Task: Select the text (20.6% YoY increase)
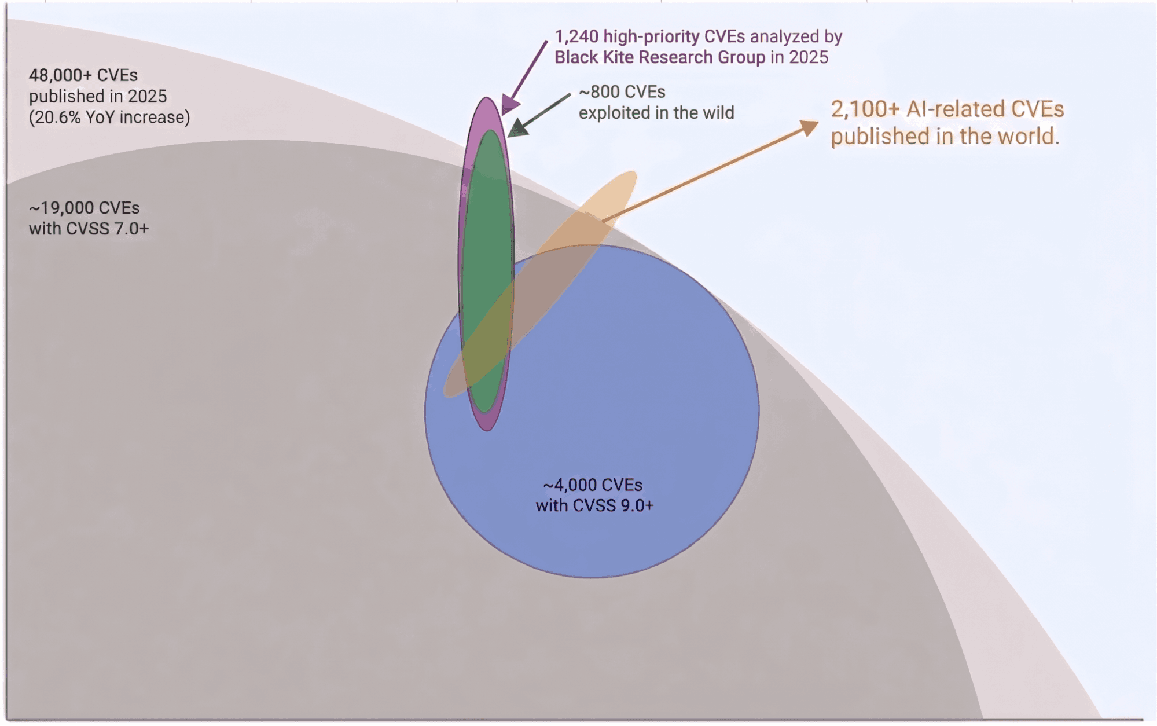(x=109, y=118)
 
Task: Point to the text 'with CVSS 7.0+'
(x=89, y=229)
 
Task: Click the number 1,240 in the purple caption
(x=576, y=36)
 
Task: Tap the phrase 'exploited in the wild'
(x=656, y=113)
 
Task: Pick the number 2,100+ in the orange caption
(x=865, y=109)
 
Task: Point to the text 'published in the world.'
(x=945, y=137)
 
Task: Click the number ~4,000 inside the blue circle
(x=567, y=485)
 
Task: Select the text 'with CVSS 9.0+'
(x=594, y=505)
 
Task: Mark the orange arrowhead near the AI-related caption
(x=809, y=127)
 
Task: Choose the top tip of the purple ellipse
(x=487, y=98)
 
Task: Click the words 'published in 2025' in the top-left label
(x=98, y=96)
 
